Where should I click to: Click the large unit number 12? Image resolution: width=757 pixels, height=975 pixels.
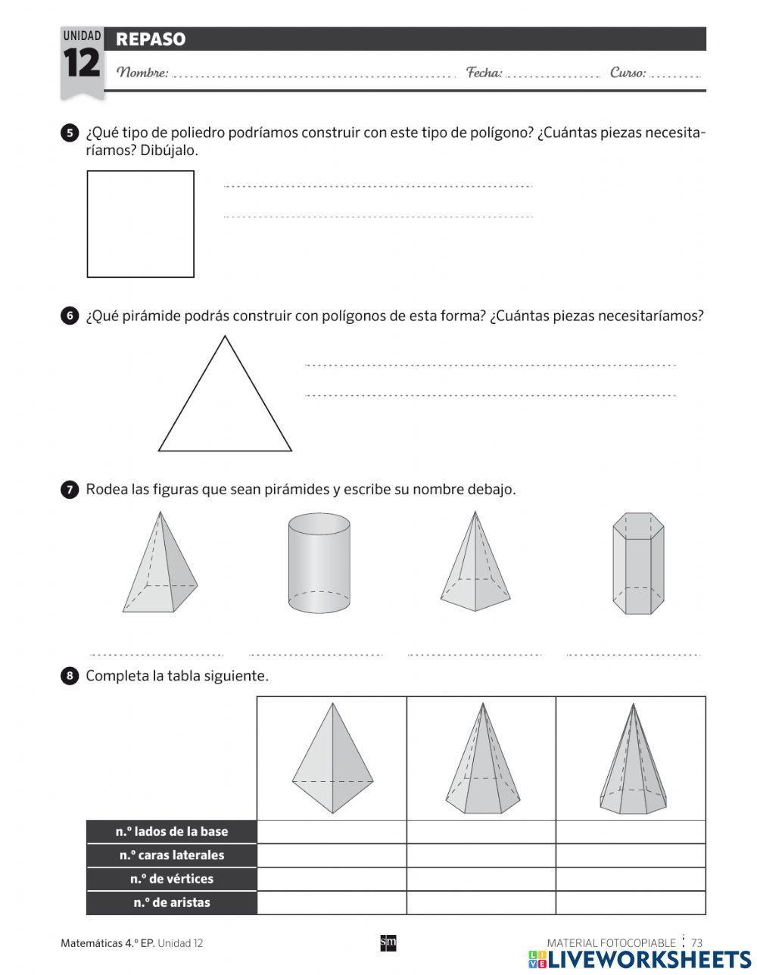coord(81,64)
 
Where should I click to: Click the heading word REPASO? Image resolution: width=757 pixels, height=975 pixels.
coord(151,39)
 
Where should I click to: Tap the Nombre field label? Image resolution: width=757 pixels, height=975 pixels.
coord(143,73)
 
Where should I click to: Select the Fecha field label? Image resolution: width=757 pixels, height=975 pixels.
coord(484,73)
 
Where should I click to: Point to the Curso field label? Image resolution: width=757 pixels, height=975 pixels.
coord(628,73)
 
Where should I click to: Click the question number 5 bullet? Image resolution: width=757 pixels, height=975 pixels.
coord(69,133)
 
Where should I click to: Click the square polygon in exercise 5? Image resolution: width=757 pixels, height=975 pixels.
coord(141,224)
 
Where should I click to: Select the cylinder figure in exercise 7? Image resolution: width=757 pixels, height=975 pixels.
coord(319,563)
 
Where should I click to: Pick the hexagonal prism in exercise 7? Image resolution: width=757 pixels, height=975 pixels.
coord(638,563)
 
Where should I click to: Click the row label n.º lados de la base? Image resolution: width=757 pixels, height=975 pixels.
coord(172,831)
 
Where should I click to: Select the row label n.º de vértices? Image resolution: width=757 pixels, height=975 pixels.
coord(172,879)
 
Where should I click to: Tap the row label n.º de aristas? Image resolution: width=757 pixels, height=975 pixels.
coord(172,902)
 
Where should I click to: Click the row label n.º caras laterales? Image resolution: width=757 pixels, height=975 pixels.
coord(172,855)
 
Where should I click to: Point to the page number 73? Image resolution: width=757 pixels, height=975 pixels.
coord(696,942)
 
